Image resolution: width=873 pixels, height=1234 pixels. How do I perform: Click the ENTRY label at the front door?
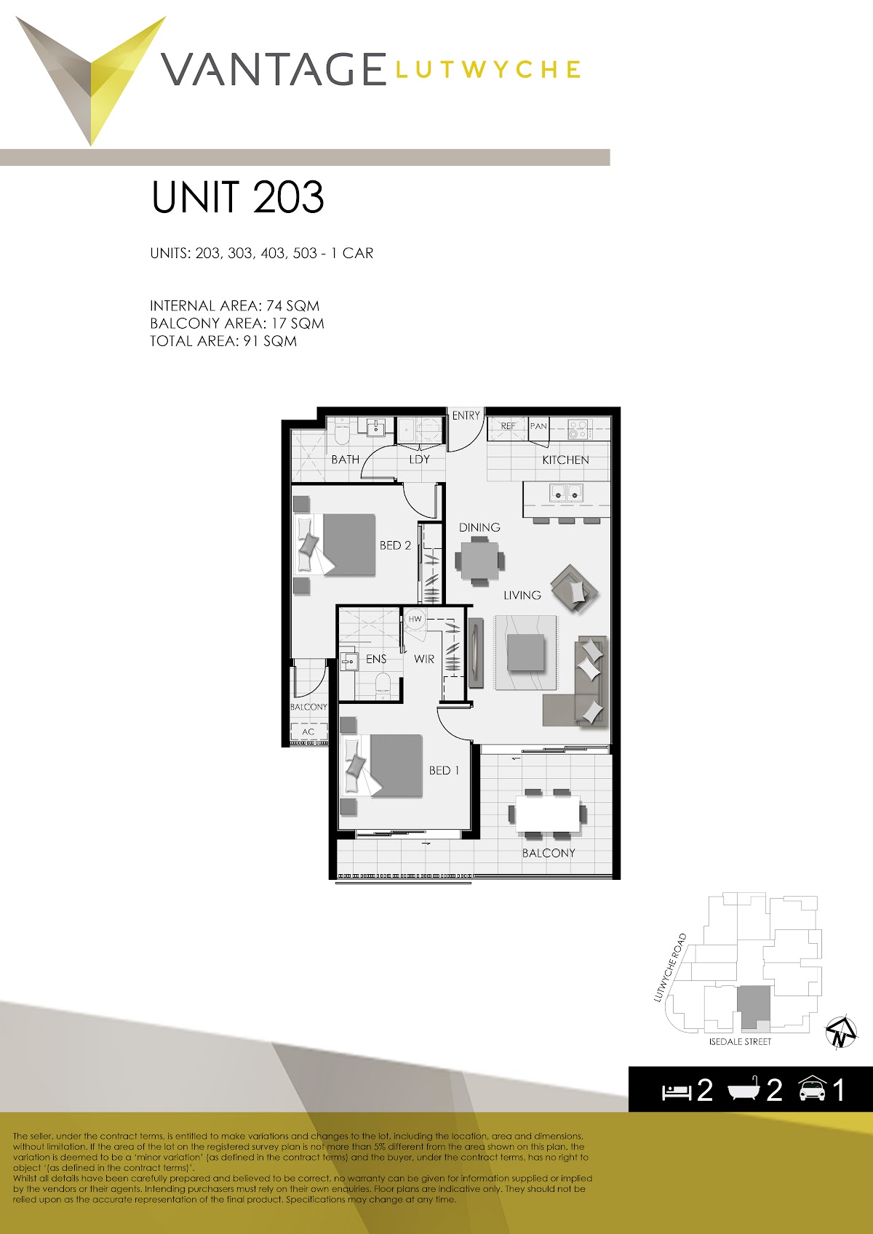466,415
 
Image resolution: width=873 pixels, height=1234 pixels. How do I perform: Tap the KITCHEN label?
565,460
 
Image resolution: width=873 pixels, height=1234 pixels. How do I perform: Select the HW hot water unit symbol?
415,619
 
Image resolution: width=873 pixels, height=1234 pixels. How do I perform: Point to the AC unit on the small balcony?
308,732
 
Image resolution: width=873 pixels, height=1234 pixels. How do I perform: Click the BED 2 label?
395,545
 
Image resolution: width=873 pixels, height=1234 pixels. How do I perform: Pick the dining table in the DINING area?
479,561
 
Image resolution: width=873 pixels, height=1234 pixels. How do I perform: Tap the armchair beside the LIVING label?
575,588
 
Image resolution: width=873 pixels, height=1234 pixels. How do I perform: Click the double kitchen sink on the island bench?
567,492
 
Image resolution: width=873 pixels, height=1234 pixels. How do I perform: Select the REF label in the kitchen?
508,426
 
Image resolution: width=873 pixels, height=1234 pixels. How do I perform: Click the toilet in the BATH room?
342,433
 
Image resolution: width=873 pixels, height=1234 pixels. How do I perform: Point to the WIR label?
424,659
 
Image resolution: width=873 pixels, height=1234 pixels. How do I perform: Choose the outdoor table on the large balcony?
548,814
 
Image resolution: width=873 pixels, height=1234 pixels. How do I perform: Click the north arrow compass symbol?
841,1031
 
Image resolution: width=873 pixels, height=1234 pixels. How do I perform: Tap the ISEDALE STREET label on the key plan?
740,1041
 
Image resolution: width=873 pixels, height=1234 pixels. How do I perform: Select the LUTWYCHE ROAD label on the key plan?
669,967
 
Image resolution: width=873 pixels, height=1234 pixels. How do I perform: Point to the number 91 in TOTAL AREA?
251,341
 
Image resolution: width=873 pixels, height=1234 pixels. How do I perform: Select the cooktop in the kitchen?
578,429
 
